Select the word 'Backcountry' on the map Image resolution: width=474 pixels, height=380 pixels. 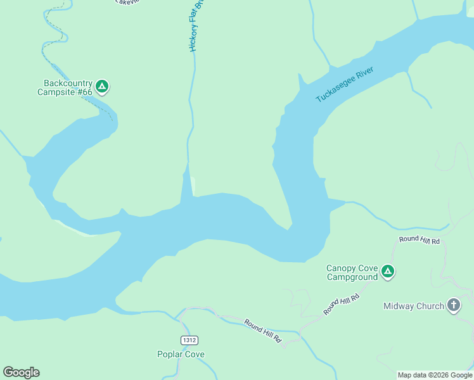pos(68,84)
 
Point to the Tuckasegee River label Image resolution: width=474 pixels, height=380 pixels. pos(345,85)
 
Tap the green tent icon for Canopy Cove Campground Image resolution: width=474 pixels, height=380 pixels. pos(388,272)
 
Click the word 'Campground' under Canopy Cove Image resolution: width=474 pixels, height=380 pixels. pos(352,277)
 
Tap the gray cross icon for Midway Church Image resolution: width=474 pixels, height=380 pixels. pos(454,306)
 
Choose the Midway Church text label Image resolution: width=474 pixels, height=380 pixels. pos(414,307)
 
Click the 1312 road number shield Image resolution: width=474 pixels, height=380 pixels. pos(188,340)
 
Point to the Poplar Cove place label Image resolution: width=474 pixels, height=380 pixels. pos(181,355)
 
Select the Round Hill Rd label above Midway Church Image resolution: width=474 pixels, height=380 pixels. pos(419,239)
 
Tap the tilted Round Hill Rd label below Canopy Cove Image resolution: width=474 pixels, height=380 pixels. pos(342,304)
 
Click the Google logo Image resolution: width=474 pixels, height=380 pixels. pos(21,372)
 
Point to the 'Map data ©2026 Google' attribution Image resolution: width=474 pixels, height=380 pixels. pos(435,375)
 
